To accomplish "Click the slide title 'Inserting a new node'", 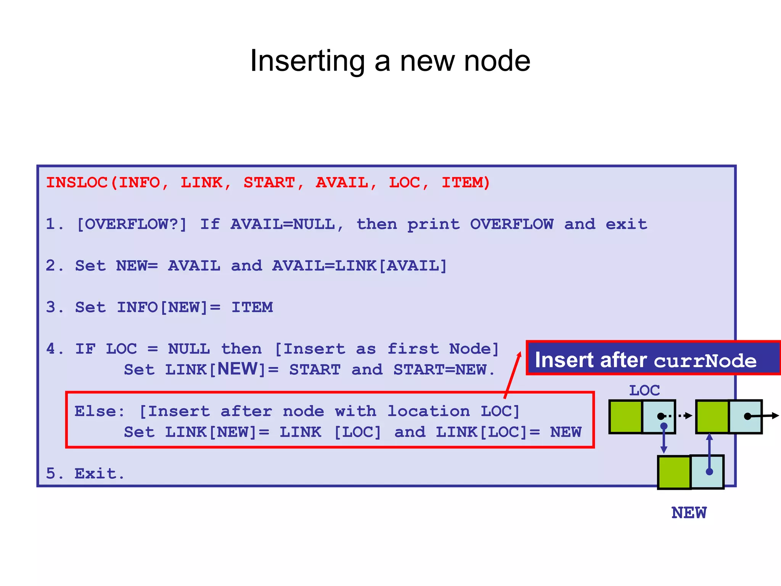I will point(390,61).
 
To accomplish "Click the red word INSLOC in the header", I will point(77,183).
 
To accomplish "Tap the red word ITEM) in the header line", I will point(465,183).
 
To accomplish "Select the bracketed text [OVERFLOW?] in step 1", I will point(132,224).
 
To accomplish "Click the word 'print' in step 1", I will point(434,225).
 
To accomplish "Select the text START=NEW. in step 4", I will point(444,370).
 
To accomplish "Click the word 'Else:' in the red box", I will point(100,411).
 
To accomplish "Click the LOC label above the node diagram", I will point(644,391).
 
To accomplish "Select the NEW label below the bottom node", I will point(689,513).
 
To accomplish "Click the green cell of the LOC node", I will point(626,417).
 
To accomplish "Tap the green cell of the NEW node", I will point(674,472).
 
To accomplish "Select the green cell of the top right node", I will point(712,417).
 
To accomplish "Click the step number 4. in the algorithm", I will point(55,349).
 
